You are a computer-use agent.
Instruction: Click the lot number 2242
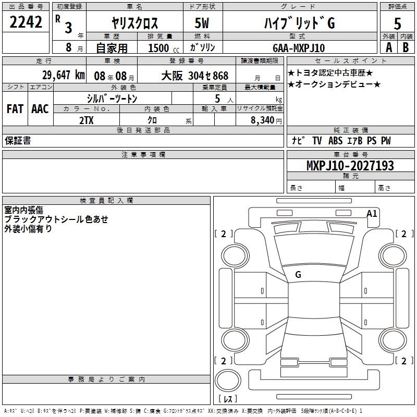[x=26, y=22]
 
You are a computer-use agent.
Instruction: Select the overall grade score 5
[x=397, y=23]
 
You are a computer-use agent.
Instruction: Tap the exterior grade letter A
[x=389, y=47]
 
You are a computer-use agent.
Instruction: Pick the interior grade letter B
[x=406, y=47]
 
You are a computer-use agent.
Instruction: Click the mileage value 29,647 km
[x=64, y=75]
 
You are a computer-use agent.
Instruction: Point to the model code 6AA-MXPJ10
[x=299, y=48]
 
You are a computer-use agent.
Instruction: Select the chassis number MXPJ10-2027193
[x=350, y=165]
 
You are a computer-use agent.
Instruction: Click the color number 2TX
[x=87, y=120]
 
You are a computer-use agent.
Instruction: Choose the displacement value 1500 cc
[x=164, y=48]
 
